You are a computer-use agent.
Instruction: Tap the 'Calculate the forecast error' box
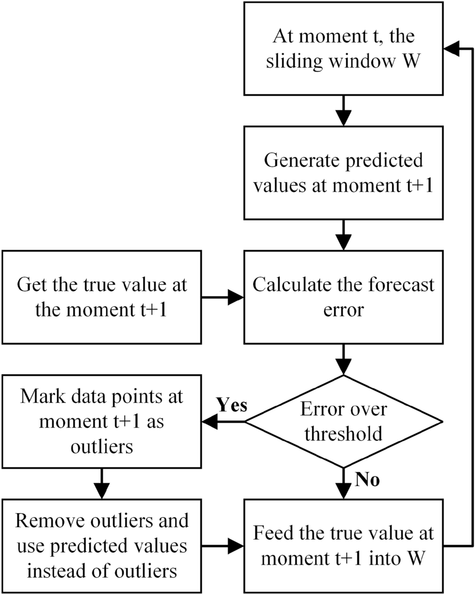[343, 297]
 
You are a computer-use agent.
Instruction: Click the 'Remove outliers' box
[102, 546]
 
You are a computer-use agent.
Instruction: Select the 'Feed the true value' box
[343, 546]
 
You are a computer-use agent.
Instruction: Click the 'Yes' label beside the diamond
[231, 406]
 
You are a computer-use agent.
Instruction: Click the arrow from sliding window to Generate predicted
[343, 111]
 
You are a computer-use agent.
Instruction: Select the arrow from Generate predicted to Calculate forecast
[343, 235]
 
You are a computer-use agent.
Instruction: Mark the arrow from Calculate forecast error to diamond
[343, 359]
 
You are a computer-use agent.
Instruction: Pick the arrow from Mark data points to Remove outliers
[102, 483]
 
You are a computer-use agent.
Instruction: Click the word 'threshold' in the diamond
[343, 433]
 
